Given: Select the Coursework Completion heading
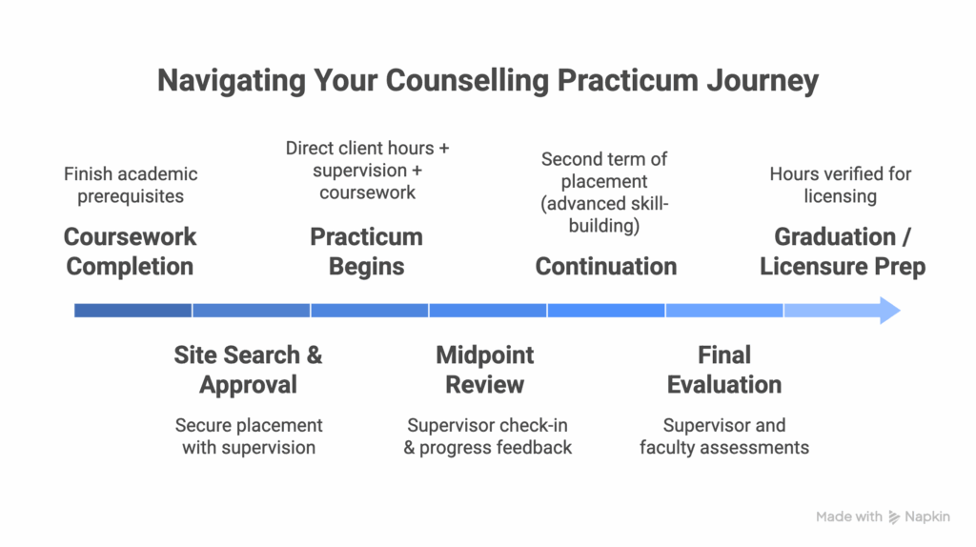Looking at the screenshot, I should tap(130, 252).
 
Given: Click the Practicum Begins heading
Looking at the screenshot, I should tap(366, 252).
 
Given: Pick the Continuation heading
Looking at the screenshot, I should tap(606, 266).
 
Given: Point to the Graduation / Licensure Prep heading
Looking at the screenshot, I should tap(843, 252).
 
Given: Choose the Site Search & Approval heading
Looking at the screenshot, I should tap(248, 370).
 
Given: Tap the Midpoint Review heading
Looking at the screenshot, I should tap(485, 370).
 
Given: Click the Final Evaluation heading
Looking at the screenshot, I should tap(724, 370).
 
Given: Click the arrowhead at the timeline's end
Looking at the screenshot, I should tap(888, 310).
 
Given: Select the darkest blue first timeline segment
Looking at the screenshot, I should tap(132, 310).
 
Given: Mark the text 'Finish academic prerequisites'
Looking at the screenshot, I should tap(131, 185).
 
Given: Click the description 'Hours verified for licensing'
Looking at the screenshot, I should tap(840, 185).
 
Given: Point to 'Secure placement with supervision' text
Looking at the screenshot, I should tap(249, 436).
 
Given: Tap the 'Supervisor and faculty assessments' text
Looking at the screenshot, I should tap(724, 436).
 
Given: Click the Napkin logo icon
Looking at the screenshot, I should tap(894, 517).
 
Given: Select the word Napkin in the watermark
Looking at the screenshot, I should tap(927, 517).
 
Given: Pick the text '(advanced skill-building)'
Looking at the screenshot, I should tap(606, 214).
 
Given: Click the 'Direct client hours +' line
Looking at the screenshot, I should tap(367, 149).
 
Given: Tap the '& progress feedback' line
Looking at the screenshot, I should tap(487, 447).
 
